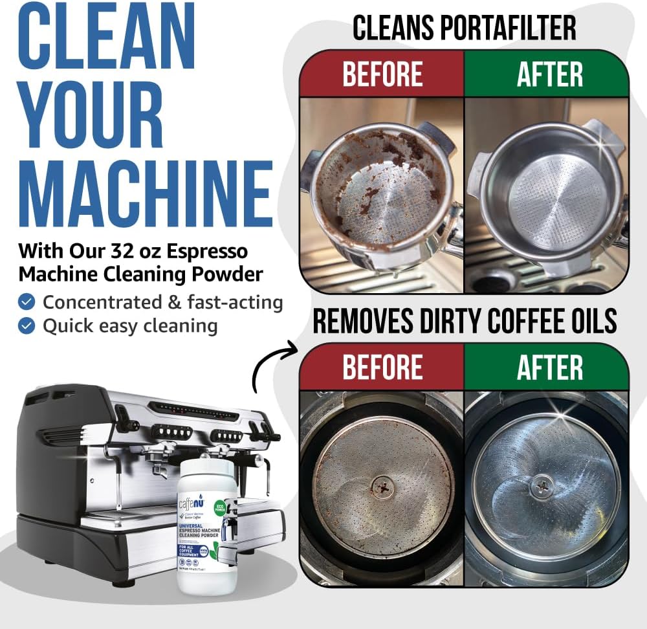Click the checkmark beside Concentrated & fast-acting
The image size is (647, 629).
pyautogui.click(x=27, y=302)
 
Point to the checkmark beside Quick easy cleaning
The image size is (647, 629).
pyautogui.click(x=27, y=326)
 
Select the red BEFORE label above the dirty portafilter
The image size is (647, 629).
pyautogui.click(x=382, y=74)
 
